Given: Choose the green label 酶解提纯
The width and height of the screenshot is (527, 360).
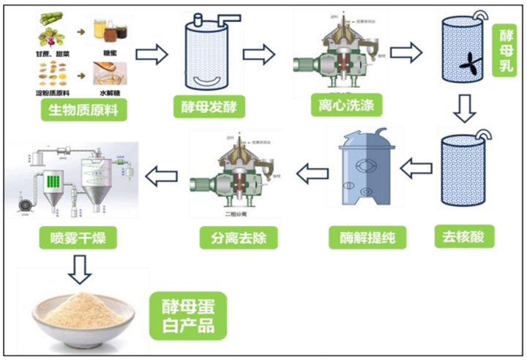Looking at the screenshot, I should click(x=362, y=236).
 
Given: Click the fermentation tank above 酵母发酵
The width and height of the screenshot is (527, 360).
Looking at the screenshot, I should click(x=203, y=51).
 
